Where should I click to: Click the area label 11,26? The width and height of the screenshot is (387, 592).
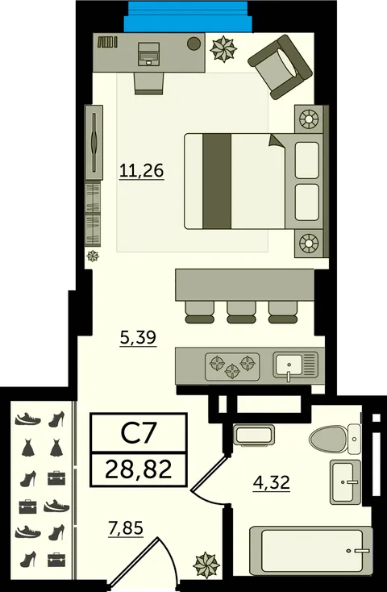point(142,171)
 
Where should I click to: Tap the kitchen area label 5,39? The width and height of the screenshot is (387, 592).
point(138,338)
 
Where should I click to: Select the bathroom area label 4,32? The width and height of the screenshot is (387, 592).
point(272,482)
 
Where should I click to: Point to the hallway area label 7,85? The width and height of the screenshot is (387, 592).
point(126,528)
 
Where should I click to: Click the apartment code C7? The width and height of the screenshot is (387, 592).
point(138,434)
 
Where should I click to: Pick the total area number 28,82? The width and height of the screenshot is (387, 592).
point(139,470)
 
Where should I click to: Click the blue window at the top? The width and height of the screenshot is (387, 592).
point(188,17)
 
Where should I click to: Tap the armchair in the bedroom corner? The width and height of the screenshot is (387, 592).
point(280,67)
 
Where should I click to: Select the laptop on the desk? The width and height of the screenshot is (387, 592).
point(148,54)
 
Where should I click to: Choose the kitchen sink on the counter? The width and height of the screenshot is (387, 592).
point(296,366)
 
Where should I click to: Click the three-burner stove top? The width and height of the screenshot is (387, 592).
point(232,367)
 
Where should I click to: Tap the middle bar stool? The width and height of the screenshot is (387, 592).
point(241,312)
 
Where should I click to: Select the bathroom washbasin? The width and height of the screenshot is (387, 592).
point(345,482)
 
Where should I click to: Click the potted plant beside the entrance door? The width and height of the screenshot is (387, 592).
point(206,565)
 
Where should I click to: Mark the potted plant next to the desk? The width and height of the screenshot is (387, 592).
point(223,48)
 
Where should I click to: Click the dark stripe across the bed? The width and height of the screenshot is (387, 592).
point(217,181)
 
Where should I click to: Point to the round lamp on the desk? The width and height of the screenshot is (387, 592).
point(193,43)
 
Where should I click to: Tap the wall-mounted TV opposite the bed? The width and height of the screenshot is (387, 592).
point(94,142)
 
